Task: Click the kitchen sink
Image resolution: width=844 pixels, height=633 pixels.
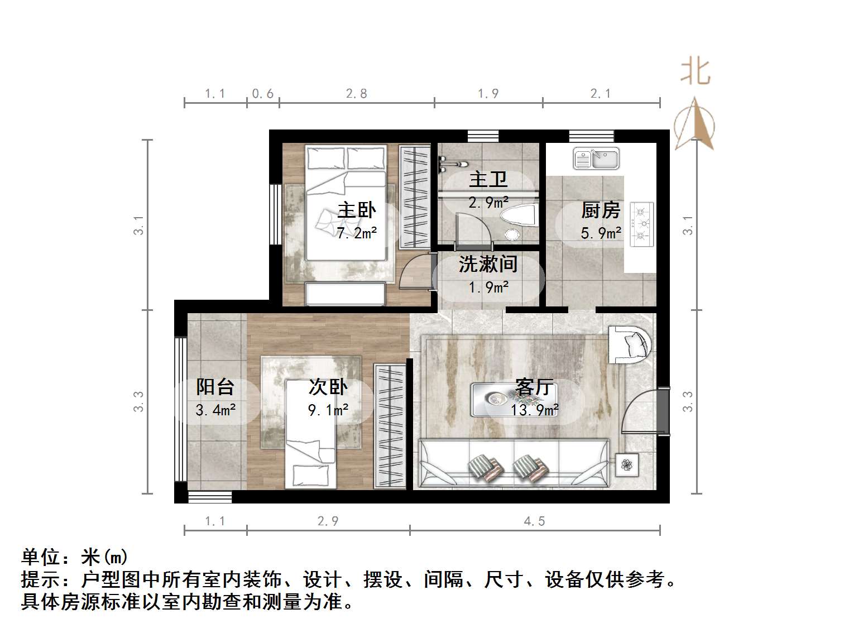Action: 596,159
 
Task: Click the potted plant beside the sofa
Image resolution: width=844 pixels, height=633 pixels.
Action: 627,464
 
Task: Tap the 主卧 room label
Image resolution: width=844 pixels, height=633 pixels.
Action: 357,210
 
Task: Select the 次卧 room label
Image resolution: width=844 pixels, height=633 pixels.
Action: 328,387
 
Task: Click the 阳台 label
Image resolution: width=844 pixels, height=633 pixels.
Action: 215,387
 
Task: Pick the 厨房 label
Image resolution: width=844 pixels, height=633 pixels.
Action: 601,210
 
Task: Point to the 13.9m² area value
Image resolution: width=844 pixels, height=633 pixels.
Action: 534,411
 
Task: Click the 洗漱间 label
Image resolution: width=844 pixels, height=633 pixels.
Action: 488,264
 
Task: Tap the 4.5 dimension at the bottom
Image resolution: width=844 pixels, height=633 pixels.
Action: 534,521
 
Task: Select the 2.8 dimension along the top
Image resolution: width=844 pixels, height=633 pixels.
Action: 356,94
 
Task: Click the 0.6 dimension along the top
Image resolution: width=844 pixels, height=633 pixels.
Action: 263,94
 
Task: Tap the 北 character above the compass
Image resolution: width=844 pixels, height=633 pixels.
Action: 696,71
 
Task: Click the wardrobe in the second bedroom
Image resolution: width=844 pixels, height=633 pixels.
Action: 390,426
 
